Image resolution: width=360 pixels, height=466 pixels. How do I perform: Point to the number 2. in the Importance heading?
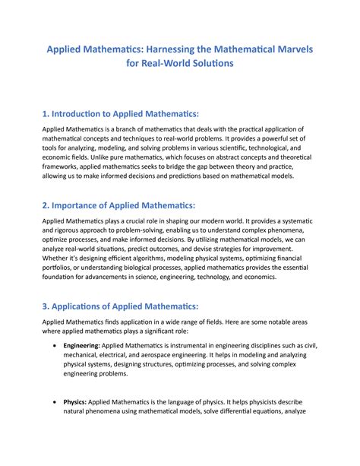click(47, 204)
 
